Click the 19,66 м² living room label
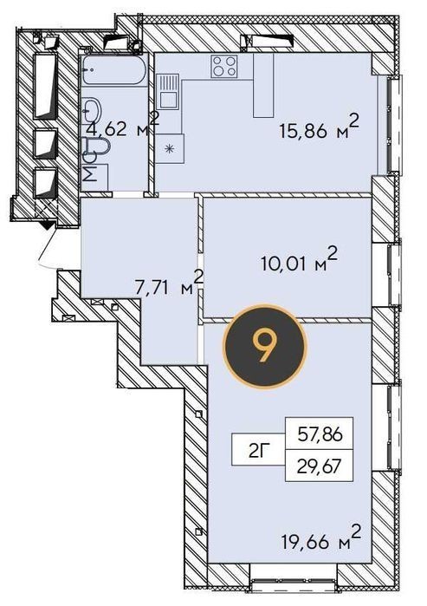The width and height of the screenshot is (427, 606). [x=320, y=538]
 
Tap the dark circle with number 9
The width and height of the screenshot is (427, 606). [x=265, y=345]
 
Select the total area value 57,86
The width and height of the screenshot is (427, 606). [x=320, y=435]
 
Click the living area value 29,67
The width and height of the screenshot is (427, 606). [x=320, y=467]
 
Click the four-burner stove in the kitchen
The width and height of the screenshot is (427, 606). [x=224, y=66]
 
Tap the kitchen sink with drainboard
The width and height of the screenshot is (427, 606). [x=169, y=93]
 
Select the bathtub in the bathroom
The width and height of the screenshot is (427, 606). [x=113, y=69]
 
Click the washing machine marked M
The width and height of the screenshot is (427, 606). [x=94, y=177]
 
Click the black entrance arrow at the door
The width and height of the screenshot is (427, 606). [x=48, y=225]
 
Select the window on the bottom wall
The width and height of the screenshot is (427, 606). [x=294, y=583]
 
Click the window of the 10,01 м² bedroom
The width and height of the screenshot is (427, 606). [x=394, y=275]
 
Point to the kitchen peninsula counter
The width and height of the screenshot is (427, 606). [x=263, y=86]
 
